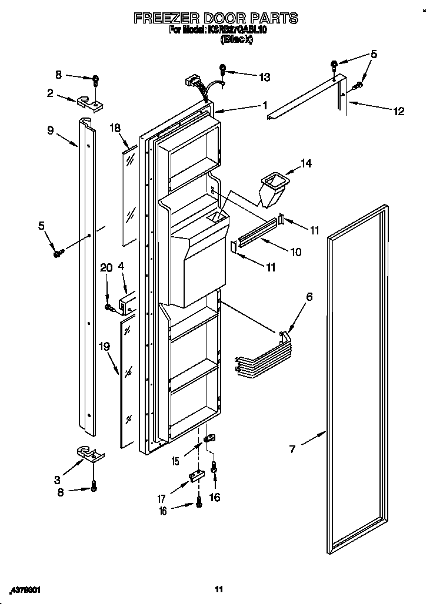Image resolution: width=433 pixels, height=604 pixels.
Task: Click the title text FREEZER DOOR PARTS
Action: pyautogui.click(x=216, y=18)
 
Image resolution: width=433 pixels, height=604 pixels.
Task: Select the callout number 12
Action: pyautogui.click(x=399, y=111)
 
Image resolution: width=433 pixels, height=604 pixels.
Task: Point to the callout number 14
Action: pyautogui.click(x=306, y=164)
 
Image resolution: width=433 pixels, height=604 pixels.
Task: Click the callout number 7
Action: pyautogui.click(x=292, y=449)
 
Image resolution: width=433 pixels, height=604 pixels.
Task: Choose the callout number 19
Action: pyautogui.click(x=105, y=347)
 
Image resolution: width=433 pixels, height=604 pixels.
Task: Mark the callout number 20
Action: pyautogui.click(x=106, y=267)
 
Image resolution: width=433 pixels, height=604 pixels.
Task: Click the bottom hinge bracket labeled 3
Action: pyautogui.click(x=90, y=455)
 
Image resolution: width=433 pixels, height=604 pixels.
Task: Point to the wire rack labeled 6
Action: pyautogui.click(x=262, y=356)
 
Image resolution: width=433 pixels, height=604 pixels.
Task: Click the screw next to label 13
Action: pyautogui.click(x=224, y=69)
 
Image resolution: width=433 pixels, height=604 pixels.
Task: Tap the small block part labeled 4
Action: pyautogui.click(x=126, y=304)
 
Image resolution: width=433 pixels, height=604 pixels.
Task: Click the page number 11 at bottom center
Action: pyautogui.click(x=218, y=589)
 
